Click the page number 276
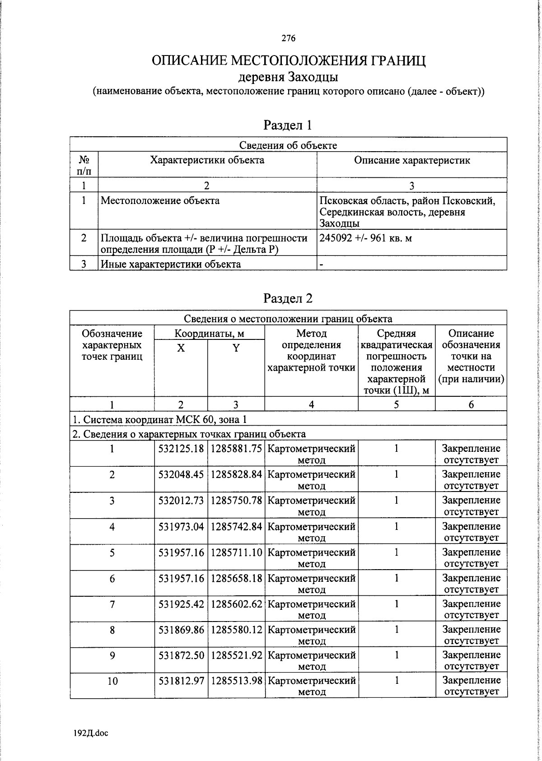288,38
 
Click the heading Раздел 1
288,125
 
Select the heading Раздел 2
288,298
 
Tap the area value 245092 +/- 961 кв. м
365,238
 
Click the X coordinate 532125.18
181,449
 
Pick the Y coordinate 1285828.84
236,474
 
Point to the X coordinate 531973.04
181,526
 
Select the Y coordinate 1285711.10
236,552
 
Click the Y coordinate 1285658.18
236,578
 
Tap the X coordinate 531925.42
181,603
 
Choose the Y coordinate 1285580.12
236,629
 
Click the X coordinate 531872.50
181,654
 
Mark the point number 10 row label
112,681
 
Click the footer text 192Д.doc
90,733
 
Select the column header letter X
181,348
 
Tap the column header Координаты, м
209,334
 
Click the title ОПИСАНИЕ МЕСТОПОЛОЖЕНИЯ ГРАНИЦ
288,60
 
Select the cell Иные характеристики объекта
171,264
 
